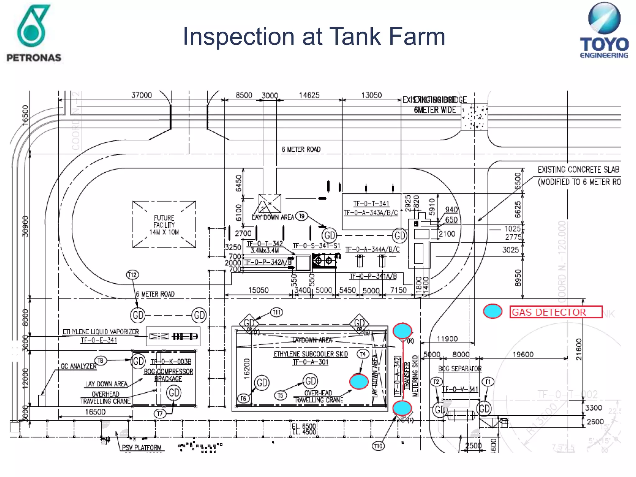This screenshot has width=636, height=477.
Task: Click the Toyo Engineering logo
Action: [x=604, y=30]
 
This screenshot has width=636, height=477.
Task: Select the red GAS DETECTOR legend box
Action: [x=556, y=312]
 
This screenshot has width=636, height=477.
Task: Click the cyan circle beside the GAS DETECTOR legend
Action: [x=493, y=311]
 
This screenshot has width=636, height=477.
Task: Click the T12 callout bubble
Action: [x=133, y=275]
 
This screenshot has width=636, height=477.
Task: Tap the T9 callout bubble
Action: [x=301, y=216]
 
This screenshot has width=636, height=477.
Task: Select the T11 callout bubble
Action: [x=276, y=312]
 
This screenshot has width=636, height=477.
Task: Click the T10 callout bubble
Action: [x=378, y=446]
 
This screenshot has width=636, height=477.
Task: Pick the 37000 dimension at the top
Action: [x=142, y=95]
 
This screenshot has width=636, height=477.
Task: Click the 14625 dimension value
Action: [x=309, y=95]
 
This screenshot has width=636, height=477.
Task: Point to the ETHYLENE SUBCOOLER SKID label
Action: [x=311, y=354]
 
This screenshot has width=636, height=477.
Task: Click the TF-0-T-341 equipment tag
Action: [x=371, y=204]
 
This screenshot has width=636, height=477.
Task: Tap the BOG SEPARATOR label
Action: [x=460, y=369]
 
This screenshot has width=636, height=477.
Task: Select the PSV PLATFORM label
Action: [x=142, y=447]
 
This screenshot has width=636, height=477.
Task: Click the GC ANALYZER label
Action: [x=79, y=366]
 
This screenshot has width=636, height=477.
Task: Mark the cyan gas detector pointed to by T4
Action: [x=359, y=382]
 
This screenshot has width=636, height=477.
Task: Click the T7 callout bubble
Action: [x=160, y=414]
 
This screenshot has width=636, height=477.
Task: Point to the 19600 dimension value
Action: [x=523, y=354]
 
